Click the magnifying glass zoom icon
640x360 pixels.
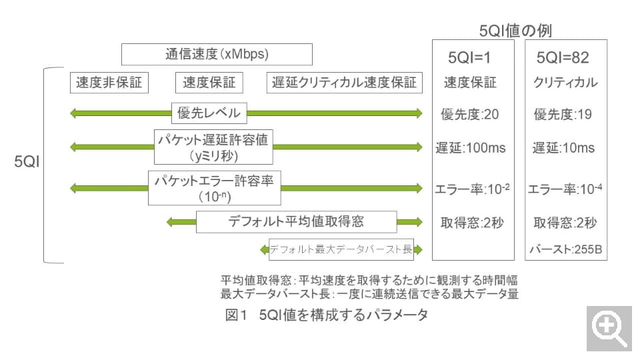pyautogui.click(x=609, y=328)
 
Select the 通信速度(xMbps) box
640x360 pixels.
pyautogui.click(x=217, y=54)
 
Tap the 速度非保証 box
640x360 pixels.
pyautogui.click(x=109, y=83)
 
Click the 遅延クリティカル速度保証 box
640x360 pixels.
pyautogui.click(x=344, y=83)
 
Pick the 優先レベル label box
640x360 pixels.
pyautogui.click(x=209, y=113)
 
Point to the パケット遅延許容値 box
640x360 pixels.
pyautogui.click(x=214, y=147)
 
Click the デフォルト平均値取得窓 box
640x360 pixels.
pyautogui.click(x=297, y=221)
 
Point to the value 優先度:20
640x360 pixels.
pyautogui.click(x=470, y=114)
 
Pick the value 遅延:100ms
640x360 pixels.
pyautogui.click(x=470, y=147)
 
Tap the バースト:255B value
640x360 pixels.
pyautogui.click(x=565, y=250)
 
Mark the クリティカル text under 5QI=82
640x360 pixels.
pyautogui.click(x=565, y=83)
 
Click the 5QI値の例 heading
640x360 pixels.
pyautogui.click(x=515, y=30)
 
